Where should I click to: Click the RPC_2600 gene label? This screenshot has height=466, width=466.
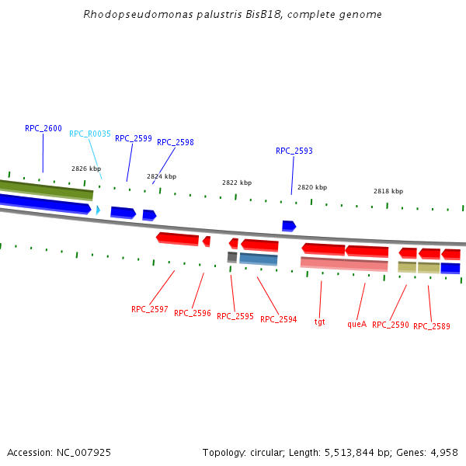tap(43, 128)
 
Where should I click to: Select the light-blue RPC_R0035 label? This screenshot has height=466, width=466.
tap(90, 134)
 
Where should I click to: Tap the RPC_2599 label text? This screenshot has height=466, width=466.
tap(134, 138)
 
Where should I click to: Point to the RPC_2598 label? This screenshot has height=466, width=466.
tap(176, 142)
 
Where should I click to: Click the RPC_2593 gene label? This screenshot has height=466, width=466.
tap(294, 151)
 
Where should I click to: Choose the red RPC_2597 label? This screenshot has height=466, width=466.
tap(150, 309)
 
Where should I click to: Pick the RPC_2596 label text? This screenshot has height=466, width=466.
tap(193, 313)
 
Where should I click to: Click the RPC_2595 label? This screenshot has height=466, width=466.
tap(235, 316)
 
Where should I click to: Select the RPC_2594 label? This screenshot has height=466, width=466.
tap(279, 319)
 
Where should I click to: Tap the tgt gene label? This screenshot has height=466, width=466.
tap(320, 321)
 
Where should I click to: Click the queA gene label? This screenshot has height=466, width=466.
tap(357, 324)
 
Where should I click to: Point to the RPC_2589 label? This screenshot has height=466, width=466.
tap(432, 326)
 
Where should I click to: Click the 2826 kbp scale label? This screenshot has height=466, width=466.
tap(86, 169)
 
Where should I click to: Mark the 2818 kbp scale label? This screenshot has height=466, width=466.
tap(388, 191)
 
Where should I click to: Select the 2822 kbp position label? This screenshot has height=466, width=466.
tap(237, 183)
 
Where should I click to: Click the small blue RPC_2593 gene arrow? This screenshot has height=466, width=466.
tap(289, 225)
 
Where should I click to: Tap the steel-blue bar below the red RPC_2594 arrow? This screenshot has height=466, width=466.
tap(259, 259)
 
